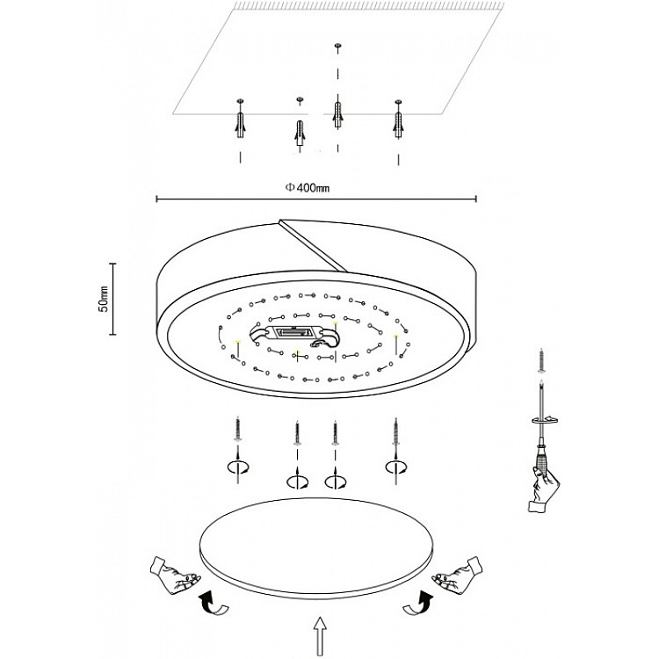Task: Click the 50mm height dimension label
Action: [104, 299]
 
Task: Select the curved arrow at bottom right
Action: [424, 603]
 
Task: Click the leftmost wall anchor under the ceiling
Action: [240, 120]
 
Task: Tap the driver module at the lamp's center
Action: [293, 334]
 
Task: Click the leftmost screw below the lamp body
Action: [238, 431]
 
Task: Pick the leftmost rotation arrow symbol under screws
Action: [238, 466]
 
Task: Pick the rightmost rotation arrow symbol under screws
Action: [394, 466]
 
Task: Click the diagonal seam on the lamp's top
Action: [312, 241]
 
